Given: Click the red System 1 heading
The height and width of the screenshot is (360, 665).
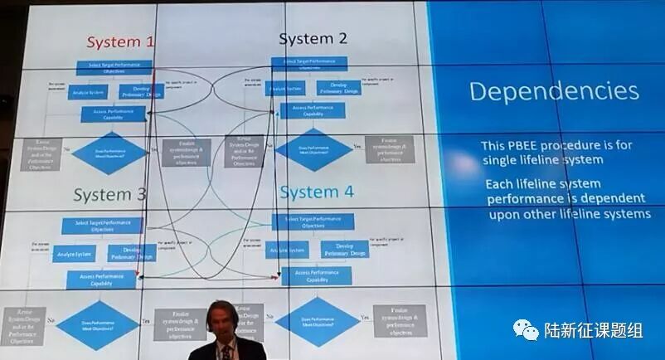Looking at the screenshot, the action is click(x=120, y=41).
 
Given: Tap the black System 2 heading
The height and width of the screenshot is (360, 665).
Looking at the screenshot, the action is click(x=313, y=39).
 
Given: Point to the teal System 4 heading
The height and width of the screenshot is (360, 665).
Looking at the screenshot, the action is click(x=316, y=192).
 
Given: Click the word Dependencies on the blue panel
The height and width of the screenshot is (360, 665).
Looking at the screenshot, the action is click(x=554, y=90).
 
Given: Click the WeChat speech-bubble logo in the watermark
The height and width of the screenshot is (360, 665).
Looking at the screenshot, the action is click(x=525, y=330).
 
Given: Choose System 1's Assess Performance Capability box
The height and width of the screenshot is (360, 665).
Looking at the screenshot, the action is click(x=113, y=114).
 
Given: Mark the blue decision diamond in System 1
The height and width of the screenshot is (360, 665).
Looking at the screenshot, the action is click(x=109, y=151).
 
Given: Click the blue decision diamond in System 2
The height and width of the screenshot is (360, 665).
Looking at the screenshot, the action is click(x=313, y=149).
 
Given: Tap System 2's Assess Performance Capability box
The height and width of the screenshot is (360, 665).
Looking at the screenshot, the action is click(x=313, y=110).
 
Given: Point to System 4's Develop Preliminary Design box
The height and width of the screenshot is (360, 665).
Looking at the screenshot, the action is click(x=345, y=250).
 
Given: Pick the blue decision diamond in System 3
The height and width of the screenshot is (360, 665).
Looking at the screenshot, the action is click(x=97, y=324).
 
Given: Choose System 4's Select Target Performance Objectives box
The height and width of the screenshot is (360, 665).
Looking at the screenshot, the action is click(x=313, y=221).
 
